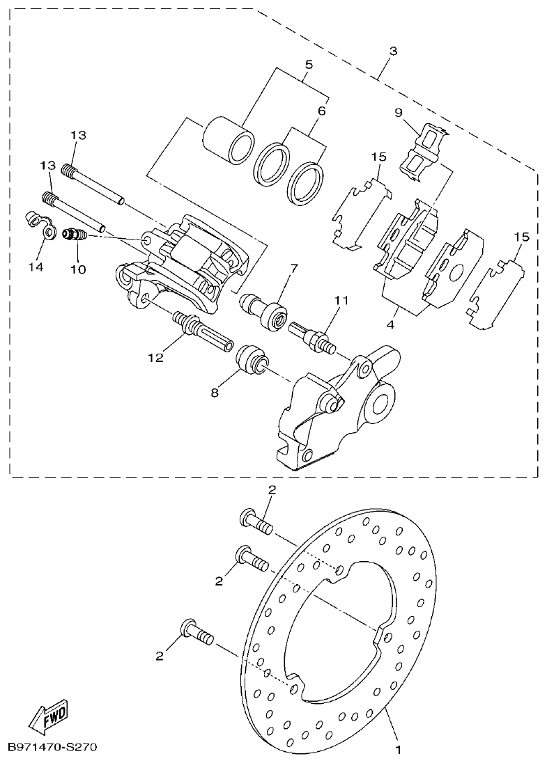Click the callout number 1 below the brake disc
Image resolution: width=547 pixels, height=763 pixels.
[x=398, y=750]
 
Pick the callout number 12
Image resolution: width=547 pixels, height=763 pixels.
[x=155, y=357]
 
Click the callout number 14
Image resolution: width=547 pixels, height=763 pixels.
[x=36, y=267]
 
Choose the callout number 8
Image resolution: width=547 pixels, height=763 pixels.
[x=215, y=393]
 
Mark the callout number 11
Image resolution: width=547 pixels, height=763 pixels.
[x=340, y=301]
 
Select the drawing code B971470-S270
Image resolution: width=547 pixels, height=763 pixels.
[x=52, y=748]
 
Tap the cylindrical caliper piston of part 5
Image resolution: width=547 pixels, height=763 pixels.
[x=226, y=142]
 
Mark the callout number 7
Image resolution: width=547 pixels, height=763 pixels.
[x=293, y=268]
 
